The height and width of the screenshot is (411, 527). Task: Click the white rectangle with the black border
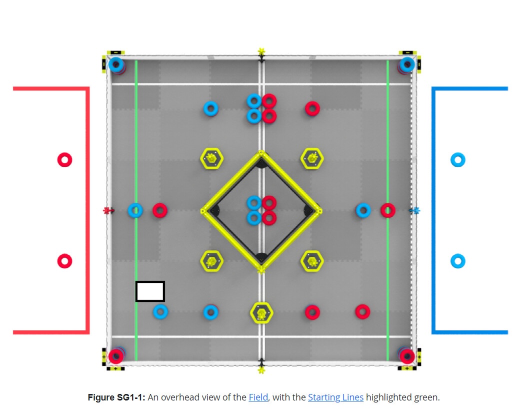click(150, 291)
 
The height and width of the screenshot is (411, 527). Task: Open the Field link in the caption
click(258, 397)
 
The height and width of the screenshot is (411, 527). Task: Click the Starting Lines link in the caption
click(335, 397)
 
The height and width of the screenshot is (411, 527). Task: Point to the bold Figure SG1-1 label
click(116, 397)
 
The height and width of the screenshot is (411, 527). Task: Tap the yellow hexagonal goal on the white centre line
click(261, 313)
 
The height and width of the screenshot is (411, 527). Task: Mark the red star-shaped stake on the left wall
click(107, 211)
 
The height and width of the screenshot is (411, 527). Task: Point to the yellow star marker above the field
click(261, 52)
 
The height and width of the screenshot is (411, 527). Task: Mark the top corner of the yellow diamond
click(261, 152)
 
